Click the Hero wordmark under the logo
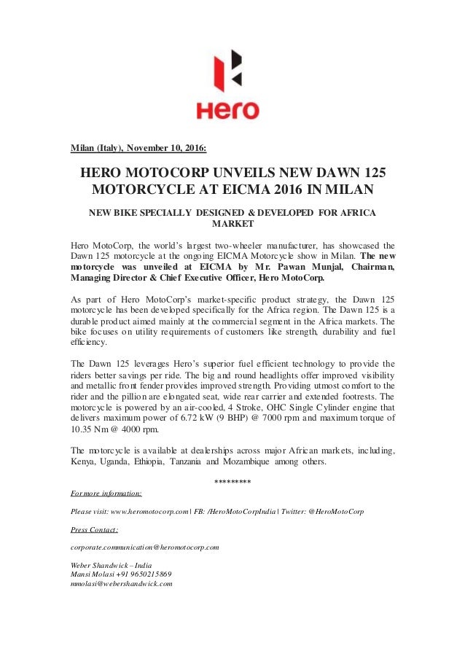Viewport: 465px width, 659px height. pyautogui.click(x=227, y=111)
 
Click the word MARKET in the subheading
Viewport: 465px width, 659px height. pyautogui.click(x=232, y=224)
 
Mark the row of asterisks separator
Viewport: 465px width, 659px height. pyautogui.click(x=232, y=482)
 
